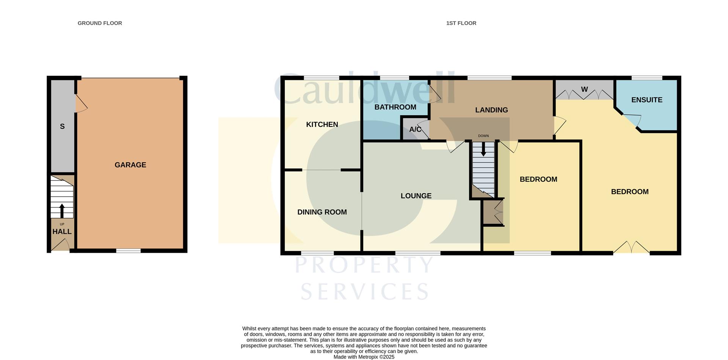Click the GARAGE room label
[x=130, y=165]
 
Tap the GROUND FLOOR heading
[x=100, y=23]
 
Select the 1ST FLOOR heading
[x=461, y=23]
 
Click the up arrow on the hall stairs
[x=62, y=210]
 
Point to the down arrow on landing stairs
[x=483, y=149]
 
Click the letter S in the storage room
[x=62, y=127]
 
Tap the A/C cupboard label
[x=415, y=130]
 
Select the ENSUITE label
[x=647, y=100]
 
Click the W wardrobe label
[x=584, y=89]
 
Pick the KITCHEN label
[x=322, y=125]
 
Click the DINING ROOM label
[x=322, y=212]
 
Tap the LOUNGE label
[x=416, y=196]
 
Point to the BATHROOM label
[x=395, y=107]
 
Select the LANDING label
[x=491, y=110]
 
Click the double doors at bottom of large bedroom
[x=631, y=248]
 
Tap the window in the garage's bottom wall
[x=128, y=250]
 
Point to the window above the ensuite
[x=647, y=78]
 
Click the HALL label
[x=62, y=232]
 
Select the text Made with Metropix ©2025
[x=364, y=357]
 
